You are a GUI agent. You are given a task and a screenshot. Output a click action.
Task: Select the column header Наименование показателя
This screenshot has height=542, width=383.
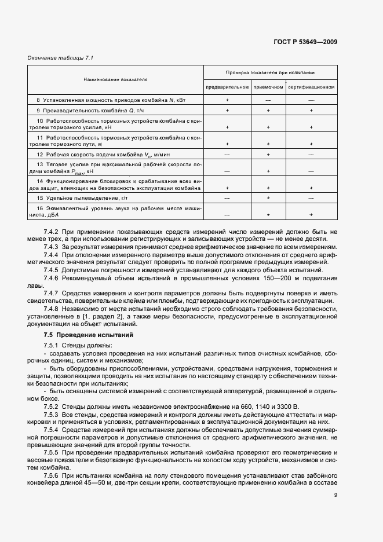point(115,79)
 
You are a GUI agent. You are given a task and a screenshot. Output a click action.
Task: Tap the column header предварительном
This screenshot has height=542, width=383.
point(227,87)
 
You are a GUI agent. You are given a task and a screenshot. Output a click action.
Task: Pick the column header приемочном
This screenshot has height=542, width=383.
point(268,87)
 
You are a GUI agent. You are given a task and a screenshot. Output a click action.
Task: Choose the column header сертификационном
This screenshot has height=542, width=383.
point(311,87)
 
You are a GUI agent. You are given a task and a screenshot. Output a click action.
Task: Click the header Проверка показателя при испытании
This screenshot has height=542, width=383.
point(270,73)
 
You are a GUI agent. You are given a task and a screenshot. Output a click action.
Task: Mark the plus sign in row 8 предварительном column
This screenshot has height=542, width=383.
point(227,100)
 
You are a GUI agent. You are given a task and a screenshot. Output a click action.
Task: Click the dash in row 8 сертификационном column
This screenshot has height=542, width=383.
point(311,100)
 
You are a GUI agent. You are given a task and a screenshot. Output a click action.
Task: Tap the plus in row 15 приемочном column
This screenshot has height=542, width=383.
point(268,198)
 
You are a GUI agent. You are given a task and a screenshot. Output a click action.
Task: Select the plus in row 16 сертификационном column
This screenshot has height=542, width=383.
point(311,214)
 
